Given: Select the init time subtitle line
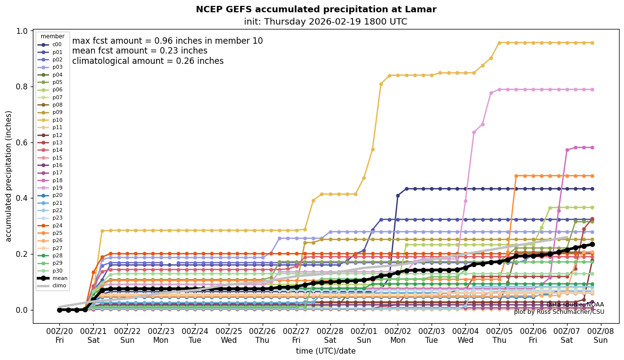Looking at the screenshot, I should click(326, 22).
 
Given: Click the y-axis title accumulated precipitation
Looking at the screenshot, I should click(9, 176).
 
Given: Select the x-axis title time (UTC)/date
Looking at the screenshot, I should click(326, 351).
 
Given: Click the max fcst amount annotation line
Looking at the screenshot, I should click(167, 41).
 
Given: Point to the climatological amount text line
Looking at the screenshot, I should click(148, 61).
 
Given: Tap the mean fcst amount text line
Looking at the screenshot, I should click(140, 51).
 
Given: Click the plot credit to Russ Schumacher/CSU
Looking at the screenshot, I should click(559, 312).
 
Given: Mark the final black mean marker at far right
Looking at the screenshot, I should click(592, 244).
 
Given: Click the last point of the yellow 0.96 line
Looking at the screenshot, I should click(592, 43).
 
